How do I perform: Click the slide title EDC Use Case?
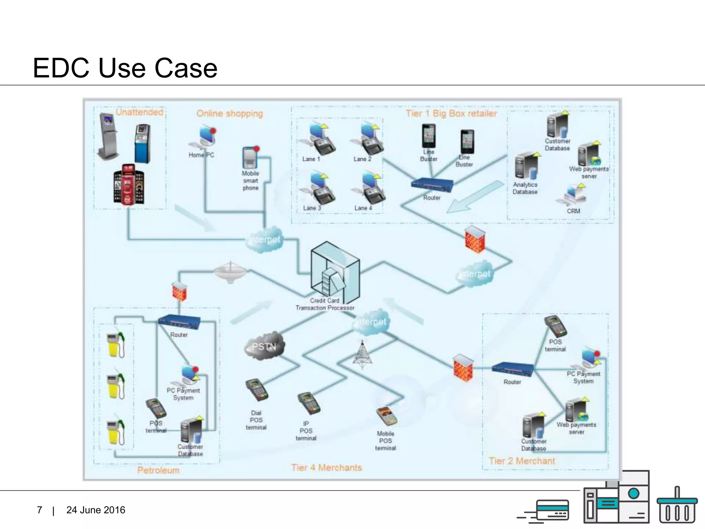(125, 68)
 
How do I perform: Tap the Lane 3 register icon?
(318, 189)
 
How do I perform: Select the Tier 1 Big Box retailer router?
(432, 185)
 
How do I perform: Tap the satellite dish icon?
(230, 272)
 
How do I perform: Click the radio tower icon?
(362, 354)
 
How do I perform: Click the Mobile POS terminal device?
(386, 416)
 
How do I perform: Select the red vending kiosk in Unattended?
(128, 184)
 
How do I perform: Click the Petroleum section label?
(158, 470)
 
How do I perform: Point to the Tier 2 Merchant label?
(522, 461)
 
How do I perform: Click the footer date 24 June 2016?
(96, 510)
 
